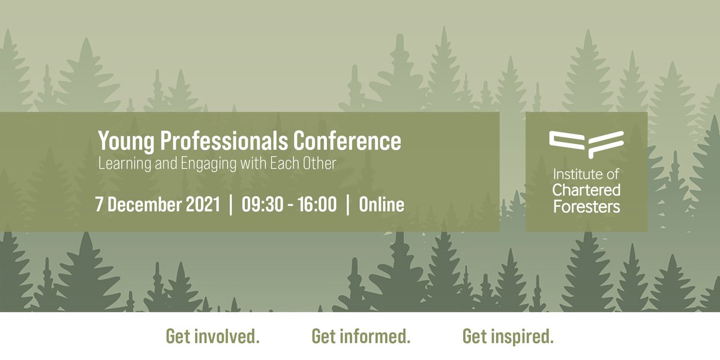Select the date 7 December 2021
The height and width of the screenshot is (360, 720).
(x=158, y=205)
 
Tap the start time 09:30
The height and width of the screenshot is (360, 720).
(x=263, y=205)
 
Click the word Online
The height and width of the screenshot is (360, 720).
(x=382, y=205)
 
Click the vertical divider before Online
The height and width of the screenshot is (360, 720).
(x=348, y=205)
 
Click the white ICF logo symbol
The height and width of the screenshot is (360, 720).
(x=586, y=144)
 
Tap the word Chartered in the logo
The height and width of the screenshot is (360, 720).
(x=586, y=191)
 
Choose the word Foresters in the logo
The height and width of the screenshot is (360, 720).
(x=586, y=206)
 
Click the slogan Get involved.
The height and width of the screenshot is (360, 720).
(x=213, y=337)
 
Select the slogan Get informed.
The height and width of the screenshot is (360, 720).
(x=361, y=337)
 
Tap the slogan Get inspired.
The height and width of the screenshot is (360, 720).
(x=508, y=337)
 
